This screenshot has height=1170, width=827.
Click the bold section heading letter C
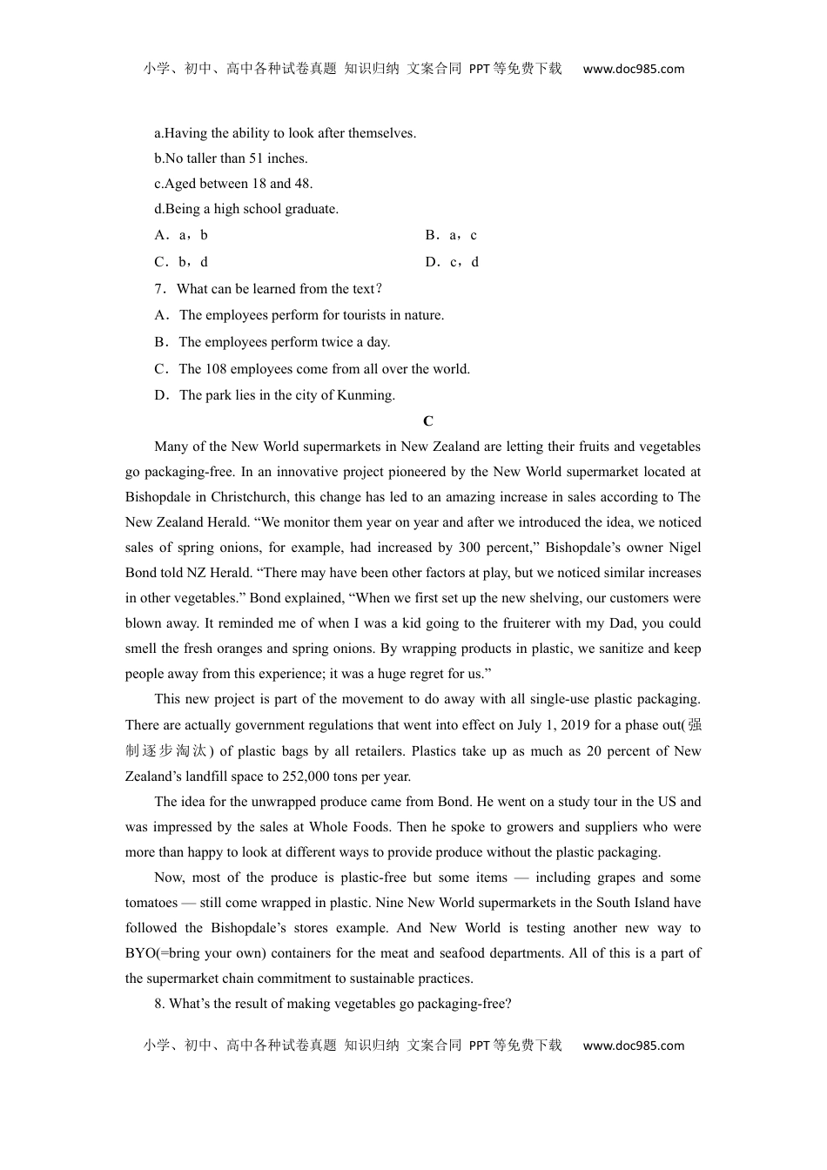[x=427, y=421]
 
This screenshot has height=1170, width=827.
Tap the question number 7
[x=158, y=289]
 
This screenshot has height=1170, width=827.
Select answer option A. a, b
[x=181, y=235]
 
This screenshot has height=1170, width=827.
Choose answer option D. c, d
[x=452, y=262]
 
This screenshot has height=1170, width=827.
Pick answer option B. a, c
[x=451, y=235]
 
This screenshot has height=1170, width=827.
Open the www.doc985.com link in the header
[x=633, y=69]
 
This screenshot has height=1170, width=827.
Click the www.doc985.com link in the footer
[x=633, y=1046]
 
